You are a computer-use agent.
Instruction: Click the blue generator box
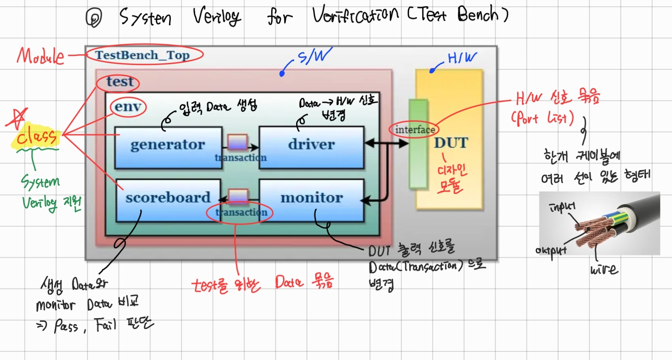coord(168,148)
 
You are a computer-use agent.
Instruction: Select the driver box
coord(311,148)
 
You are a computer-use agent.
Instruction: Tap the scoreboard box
coord(168,200)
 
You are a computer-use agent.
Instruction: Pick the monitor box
coord(311,200)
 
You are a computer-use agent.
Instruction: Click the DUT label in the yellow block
coord(451,143)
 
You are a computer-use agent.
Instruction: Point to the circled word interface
coord(414,130)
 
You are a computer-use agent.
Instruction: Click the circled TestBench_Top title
coord(143,55)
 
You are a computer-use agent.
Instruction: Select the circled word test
coord(119,82)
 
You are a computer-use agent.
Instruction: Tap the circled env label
coord(128,107)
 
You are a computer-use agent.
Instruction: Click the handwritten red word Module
coord(40,56)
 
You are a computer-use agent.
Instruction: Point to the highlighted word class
coord(36,137)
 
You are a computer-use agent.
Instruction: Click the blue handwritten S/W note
coord(315,56)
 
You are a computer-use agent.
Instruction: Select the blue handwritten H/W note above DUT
coord(462,58)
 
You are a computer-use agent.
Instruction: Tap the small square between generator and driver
coord(237,142)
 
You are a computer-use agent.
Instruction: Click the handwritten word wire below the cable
coord(604,270)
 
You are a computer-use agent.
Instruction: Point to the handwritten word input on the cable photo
coord(562,207)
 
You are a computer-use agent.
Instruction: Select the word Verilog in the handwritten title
coord(217,17)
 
